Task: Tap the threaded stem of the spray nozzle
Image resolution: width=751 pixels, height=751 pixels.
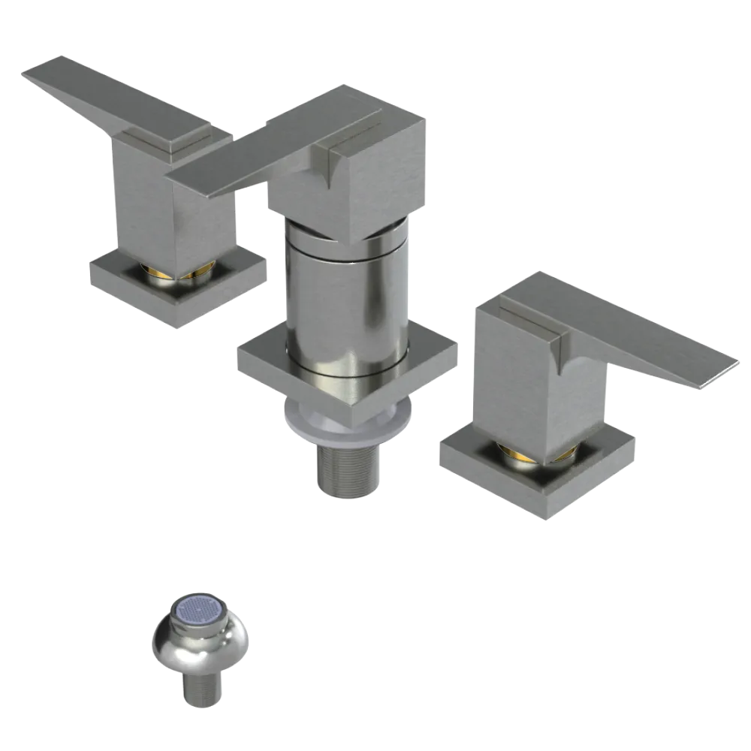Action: pyautogui.click(x=201, y=691)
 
